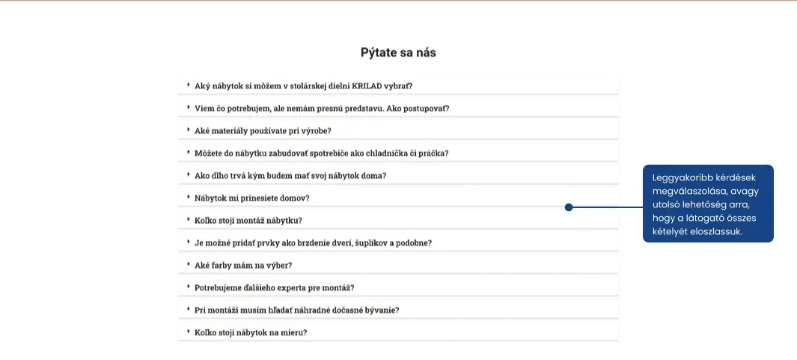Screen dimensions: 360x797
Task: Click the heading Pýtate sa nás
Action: click(x=398, y=52)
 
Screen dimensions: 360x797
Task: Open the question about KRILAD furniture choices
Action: click(x=303, y=85)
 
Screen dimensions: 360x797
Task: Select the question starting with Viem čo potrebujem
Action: click(x=322, y=108)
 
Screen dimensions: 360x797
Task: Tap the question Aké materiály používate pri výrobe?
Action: click(x=263, y=130)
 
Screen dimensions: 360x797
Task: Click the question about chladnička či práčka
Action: click(x=321, y=153)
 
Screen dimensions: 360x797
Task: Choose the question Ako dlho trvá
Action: click(x=290, y=175)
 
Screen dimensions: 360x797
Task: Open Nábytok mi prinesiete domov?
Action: click(x=252, y=198)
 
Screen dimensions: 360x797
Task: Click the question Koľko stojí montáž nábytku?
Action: click(x=248, y=220)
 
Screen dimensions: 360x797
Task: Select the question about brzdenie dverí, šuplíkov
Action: click(x=313, y=242)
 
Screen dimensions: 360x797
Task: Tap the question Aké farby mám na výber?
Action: click(x=243, y=265)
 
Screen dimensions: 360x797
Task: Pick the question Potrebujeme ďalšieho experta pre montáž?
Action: click(x=274, y=287)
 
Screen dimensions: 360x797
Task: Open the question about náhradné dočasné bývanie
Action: click(x=296, y=310)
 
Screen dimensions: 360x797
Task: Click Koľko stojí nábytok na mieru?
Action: click(x=251, y=332)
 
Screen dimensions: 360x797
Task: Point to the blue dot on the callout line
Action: click(x=569, y=207)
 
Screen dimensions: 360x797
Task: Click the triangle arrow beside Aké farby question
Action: click(x=189, y=264)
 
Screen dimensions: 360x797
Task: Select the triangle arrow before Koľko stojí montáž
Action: click(x=189, y=219)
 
